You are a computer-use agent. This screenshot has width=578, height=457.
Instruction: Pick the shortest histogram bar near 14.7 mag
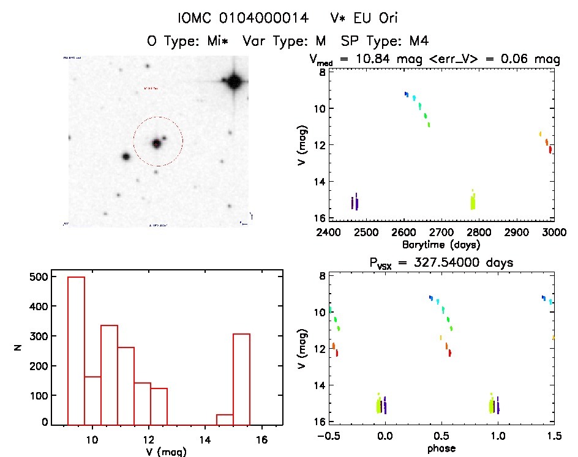point(225,419)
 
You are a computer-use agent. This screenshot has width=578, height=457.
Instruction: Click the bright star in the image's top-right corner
point(233,81)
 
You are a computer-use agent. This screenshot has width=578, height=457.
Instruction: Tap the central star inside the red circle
point(156,143)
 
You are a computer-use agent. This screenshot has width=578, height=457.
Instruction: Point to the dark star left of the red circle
point(126,156)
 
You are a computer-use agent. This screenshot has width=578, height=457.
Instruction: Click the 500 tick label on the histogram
point(40,278)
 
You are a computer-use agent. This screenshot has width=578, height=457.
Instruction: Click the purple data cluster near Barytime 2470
point(355,202)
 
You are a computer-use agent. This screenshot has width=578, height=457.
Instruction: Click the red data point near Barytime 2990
point(550,149)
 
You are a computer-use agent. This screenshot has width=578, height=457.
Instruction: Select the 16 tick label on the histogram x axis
point(262,439)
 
